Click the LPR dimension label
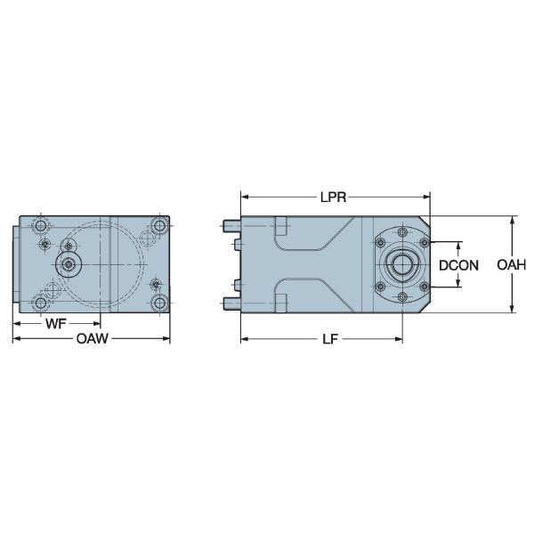333,197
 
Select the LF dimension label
330,339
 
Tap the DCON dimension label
458,265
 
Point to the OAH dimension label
511,264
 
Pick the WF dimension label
55,324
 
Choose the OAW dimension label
92,338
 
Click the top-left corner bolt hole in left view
40,225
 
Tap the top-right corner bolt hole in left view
159,225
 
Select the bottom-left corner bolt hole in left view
40,303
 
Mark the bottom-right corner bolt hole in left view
159,303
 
